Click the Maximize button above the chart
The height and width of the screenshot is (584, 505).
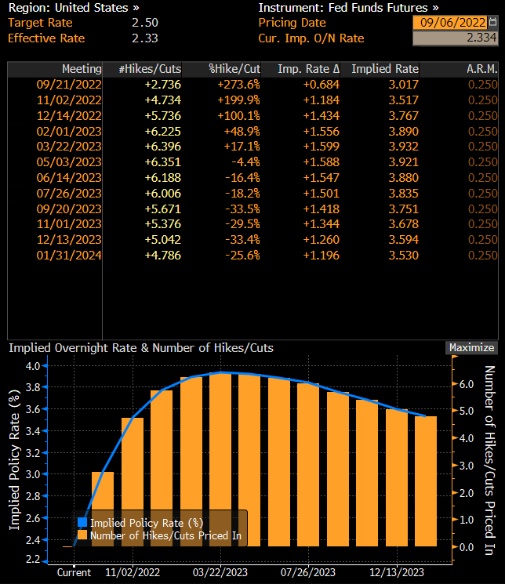pyautogui.click(x=471, y=347)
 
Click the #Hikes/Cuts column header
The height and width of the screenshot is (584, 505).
pyautogui.click(x=149, y=69)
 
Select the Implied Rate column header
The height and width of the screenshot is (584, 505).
pyautogui.click(x=384, y=69)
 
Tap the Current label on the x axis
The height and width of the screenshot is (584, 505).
pyautogui.click(x=74, y=572)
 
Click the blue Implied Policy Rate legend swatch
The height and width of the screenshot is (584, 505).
pyautogui.click(x=82, y=522)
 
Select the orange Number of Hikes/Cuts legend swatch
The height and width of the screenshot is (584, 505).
pyautogui.click(x=82, y=536)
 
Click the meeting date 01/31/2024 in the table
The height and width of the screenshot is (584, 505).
pyautogui.click(x=69, y=255)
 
